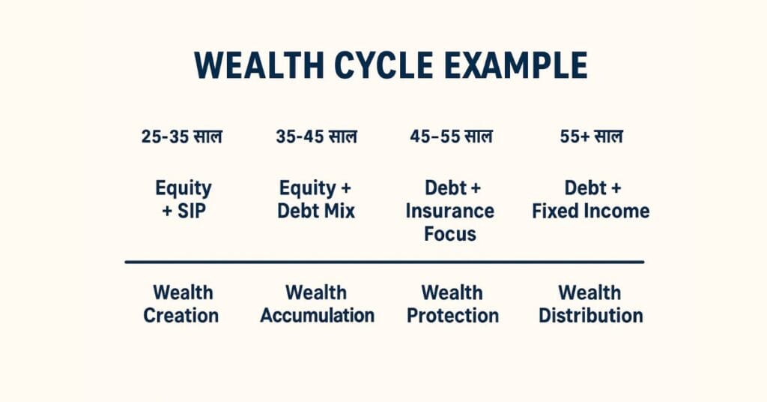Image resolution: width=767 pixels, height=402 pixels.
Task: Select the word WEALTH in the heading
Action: pyautogui.click(x=258, y=65)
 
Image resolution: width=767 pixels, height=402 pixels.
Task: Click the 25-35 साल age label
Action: pyautogui.click(x=181, y=136)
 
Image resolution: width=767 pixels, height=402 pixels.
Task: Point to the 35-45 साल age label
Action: pyautogui.click(x=316, y=136)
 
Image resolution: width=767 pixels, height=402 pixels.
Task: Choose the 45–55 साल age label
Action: pyautogui.click(x=451, y=136)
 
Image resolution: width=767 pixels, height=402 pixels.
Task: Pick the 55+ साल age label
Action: pyautogui.click(x=591, y=136)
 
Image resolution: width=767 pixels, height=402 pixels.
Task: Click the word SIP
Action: pyautogui.click(x=192, y=211)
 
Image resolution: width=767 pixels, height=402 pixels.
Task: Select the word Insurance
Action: pyautogui.click(x=450, y=211)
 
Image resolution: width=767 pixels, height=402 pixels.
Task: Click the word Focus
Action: pyautogui.click(x=450, y=234)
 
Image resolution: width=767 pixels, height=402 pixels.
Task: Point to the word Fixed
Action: pyautogui.click(x=553, y=211)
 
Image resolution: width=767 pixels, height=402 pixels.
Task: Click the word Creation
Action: pyautogui.click(x=181, y=315)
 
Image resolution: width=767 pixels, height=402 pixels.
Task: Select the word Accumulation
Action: pyautogui.click(x=318, y=315)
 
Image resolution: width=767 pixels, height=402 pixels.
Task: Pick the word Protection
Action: pyautogui.click(x=453, y=315)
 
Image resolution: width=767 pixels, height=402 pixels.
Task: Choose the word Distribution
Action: pyautogui.click(x=591, y=315)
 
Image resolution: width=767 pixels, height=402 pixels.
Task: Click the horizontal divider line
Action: pyautogui.click(x=384, y=262)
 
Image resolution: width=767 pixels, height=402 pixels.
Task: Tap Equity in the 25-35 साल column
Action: pyautogui.click(x=184, y=188)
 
